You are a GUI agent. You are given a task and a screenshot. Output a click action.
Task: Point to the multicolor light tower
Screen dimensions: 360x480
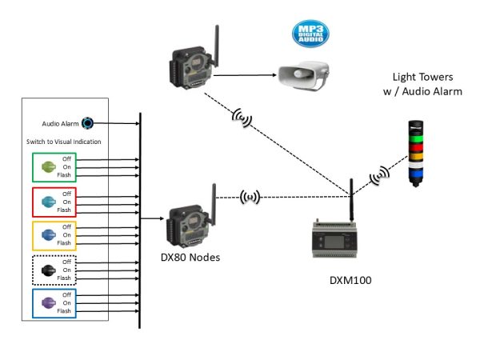point(414,152)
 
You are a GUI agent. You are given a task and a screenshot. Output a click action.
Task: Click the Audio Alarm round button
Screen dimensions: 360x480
point(87,123)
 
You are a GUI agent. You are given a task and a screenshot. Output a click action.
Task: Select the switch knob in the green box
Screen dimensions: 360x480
point(47,166)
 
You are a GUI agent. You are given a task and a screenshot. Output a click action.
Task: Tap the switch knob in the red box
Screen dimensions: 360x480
point(47,201)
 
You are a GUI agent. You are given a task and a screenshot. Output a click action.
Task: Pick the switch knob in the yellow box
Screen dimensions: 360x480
point(47,235)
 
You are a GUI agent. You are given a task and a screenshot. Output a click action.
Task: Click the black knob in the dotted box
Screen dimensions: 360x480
point(47,270)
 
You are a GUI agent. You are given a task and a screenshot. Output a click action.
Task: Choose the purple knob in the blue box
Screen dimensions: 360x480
point(47,304)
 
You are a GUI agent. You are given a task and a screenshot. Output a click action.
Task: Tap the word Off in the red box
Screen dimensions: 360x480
point(67,193)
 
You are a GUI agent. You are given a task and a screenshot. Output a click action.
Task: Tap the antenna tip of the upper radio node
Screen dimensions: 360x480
point(217,28)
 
